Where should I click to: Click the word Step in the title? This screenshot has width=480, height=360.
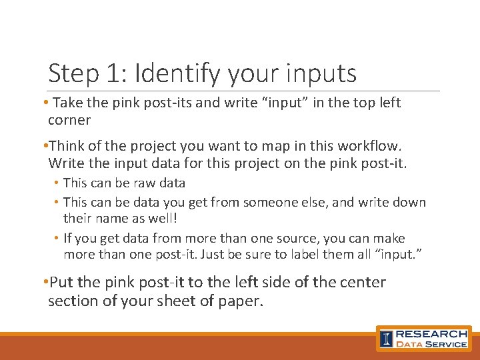click(x=74, y=73)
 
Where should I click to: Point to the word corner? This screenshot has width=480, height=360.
click(x=69, y=120)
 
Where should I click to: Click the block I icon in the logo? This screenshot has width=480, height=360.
click(x=386, y=339)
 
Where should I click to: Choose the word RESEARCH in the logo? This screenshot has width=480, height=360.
click(x=431, y=333)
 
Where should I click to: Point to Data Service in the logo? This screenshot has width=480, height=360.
click(x=431, y=344)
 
